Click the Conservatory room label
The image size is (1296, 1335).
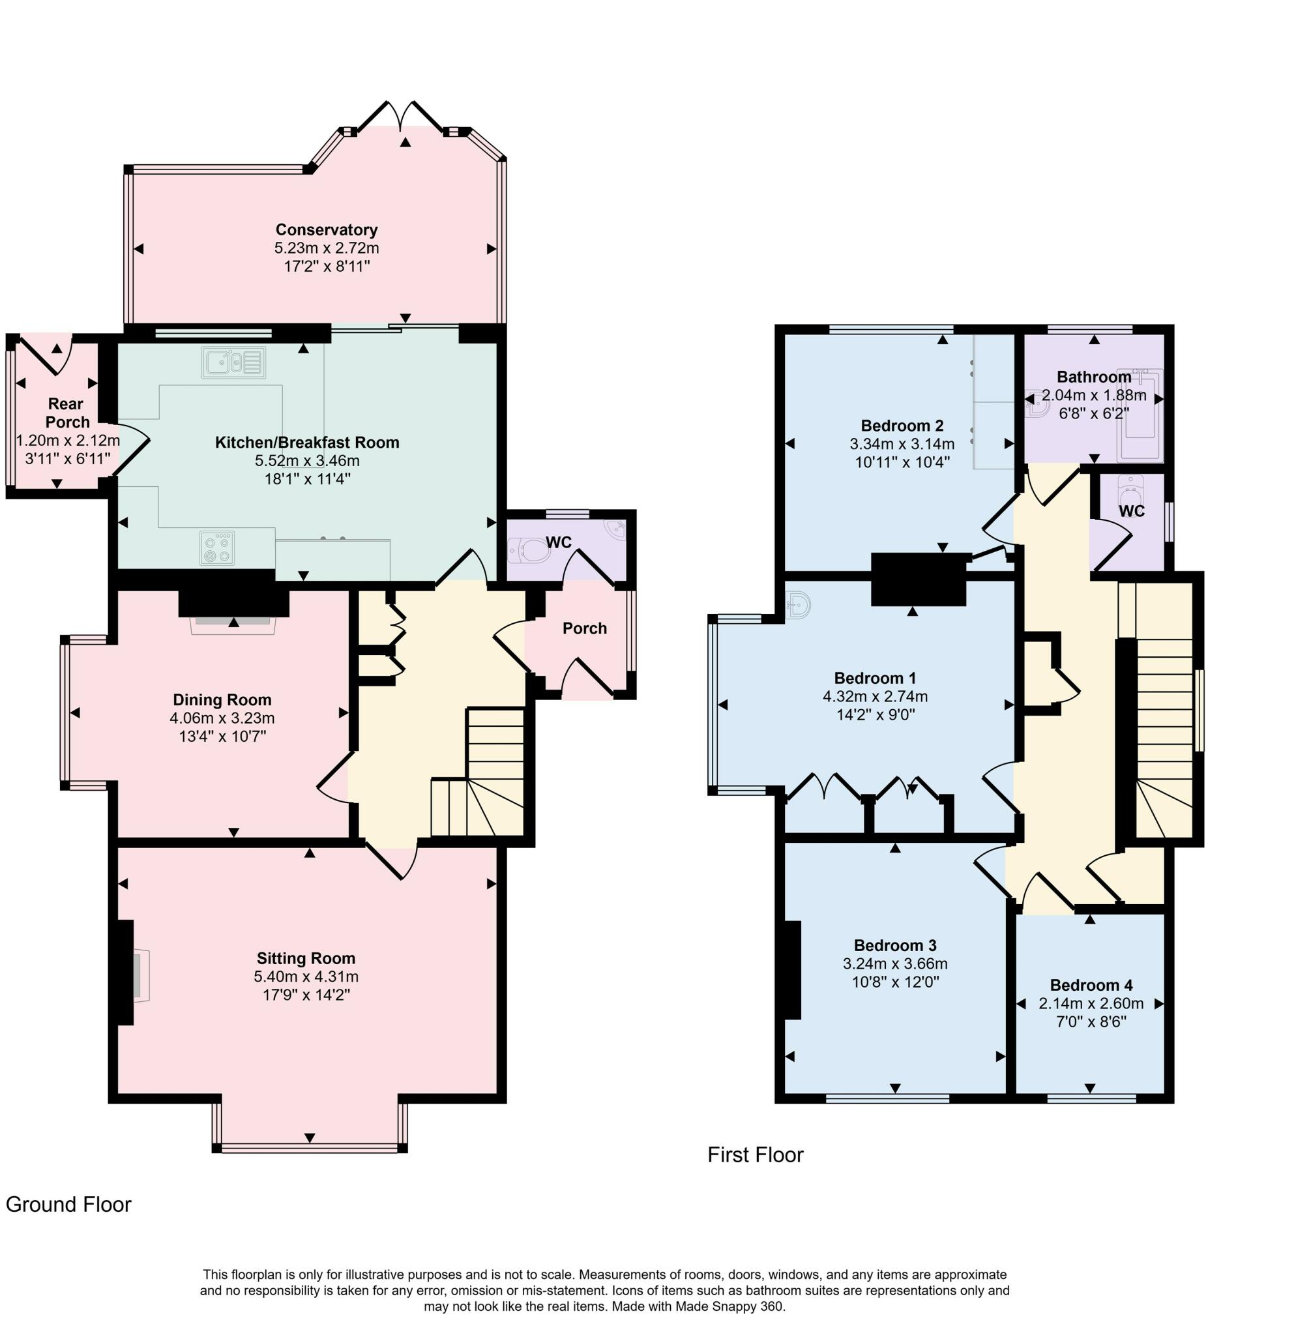(326, 229)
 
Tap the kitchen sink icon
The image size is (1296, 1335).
(233, 363)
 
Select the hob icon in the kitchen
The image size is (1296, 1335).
(218, 548)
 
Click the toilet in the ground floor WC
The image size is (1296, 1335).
(529, 550)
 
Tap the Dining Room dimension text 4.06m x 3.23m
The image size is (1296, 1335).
(222, 718)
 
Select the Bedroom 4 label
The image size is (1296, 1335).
(1091, 985)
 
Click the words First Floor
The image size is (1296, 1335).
(756, 1154)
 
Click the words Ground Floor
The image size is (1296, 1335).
(68, 1204)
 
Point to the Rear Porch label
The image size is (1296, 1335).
(66, 413)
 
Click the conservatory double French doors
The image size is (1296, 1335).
(401, 116)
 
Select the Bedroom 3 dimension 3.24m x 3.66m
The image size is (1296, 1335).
(895, 964)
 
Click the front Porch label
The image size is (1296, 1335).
(584, 628)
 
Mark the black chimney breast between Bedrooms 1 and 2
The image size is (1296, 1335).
(918, 579)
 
